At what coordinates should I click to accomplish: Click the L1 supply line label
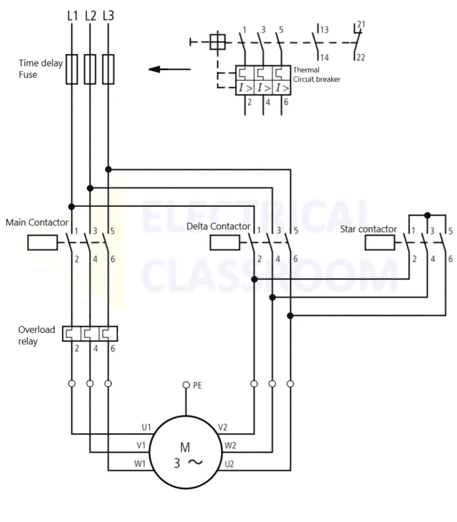(71, 15)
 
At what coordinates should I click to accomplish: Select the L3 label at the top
(108, 15)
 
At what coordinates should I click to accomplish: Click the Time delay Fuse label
(40, 68)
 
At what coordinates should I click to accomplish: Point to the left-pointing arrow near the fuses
(170, 69)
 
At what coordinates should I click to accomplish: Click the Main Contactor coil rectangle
(43, 242)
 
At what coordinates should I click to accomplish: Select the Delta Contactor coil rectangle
(225, 242)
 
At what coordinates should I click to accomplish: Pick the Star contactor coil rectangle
(380, 242)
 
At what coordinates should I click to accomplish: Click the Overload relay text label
(36, 335)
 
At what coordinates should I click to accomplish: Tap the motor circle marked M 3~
(186, 455)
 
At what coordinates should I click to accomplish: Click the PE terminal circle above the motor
(186, 385)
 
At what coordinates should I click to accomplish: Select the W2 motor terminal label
(230, 445)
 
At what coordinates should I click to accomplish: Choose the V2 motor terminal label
(223, 427)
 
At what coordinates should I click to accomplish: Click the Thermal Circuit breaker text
(317, 74)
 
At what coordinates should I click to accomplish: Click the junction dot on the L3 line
(108, 169)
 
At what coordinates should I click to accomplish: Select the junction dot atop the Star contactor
(427, 215)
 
